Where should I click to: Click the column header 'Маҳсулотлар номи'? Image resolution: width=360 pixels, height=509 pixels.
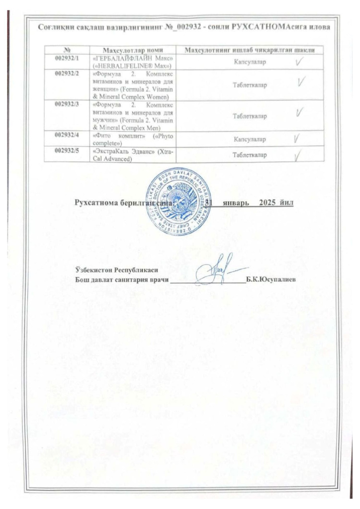click(x=133, y=50)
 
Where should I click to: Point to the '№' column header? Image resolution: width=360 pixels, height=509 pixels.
click(x=67, y=50)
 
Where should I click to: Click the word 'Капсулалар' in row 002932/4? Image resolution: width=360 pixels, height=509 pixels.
click(x=250, y=140)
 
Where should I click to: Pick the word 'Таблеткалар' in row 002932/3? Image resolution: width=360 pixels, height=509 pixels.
click(x=250, y=116)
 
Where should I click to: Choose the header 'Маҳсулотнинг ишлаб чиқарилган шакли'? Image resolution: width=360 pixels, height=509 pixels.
click(x=251, y=50)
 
